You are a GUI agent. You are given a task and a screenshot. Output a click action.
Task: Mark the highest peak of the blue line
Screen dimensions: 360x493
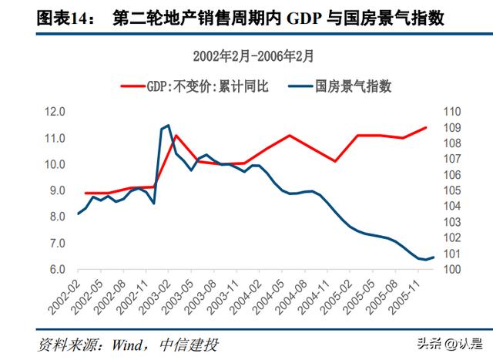168,125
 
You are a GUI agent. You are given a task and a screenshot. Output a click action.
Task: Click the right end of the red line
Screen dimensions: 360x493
426,127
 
